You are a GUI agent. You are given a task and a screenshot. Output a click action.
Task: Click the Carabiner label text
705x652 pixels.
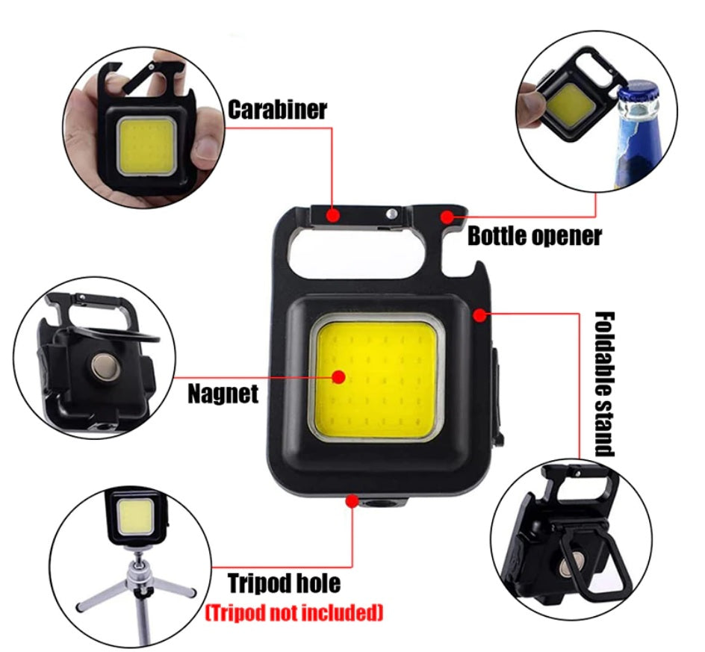tap(277, 110)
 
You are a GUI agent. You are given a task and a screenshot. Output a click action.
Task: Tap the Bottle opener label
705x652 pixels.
tap(535, 236)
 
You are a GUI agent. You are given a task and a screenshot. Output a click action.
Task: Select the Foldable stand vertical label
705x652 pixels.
tap(605, 384)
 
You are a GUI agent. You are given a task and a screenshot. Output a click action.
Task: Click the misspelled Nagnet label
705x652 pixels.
tap(223, 394)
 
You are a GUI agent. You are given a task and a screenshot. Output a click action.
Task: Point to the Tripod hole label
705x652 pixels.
tap(284, 583)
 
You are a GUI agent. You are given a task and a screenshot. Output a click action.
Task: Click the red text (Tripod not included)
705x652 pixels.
tap(294, 612)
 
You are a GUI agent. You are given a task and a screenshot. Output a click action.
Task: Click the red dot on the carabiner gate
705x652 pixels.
tap(333, 215)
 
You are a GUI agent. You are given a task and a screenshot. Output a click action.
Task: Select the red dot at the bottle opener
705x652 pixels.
tap(447, 217)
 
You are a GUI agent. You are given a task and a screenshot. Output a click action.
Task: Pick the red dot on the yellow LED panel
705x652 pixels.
tap(339, 377)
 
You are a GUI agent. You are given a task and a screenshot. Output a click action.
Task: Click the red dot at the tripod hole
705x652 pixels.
tap(352, 501)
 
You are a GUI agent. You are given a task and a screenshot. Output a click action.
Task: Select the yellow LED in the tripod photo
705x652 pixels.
tap(134, 517)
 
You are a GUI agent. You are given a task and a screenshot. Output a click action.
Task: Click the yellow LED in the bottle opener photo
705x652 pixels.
tap(571, 106)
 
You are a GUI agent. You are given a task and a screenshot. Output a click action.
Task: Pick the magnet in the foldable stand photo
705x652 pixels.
tap(571, 565)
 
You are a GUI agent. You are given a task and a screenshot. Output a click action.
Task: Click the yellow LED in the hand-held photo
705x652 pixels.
tap(146, 145)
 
